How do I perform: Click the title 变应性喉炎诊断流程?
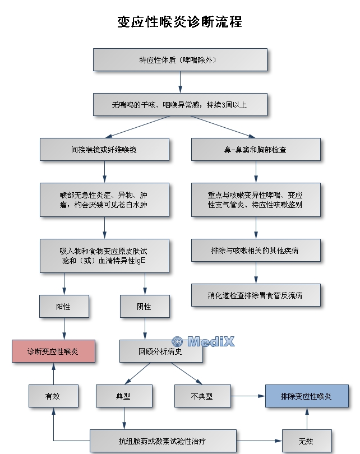pyautogui.click(x=179, y=22)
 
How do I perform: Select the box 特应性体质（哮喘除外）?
pyautogui.click(x=179, y=59)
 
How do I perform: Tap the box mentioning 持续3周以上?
pyautogui.click(x=179, y=105)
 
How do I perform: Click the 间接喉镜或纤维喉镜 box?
pyautogui.click(x=104, y=150)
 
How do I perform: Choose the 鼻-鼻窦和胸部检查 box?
pyautogui.click(x=256, y=150)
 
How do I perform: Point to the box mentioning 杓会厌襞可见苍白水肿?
pyautogui.click(x=104, y=200)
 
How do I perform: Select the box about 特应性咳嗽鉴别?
pyautogui.click(x=256, y=200)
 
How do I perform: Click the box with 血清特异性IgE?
pyautogui.click(x=104, y=256)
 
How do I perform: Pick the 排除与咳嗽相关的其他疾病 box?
pyautogui.click(x=256, y=250)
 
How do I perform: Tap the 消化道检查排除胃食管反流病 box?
pyautogui.click(x=256, y=295)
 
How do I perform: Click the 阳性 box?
pyautogui.click(x=64, y=307)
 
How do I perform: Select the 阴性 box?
pyautogui.click(x=145, y=307)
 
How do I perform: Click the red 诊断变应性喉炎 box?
pyautogui.click(x=53, y=351)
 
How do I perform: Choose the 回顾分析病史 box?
pyautogui.click(x=160, y=351)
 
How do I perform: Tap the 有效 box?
pyautogui.click(x=53, y=396)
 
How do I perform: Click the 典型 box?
pyautogui.click(x=123, y=396)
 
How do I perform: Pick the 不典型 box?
pyautogui.click(x=202, y=396)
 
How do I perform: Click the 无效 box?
pyautogui.click(x=306, y=441)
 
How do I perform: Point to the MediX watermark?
pyautogui.click(x=202, y=341)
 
